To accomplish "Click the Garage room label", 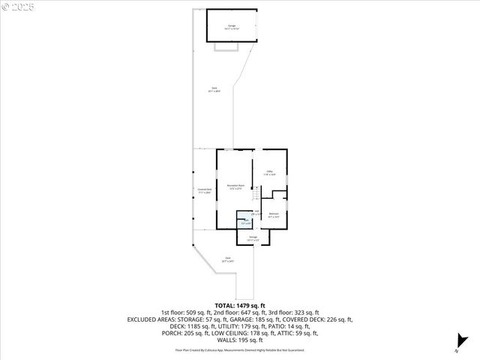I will click(232, 27).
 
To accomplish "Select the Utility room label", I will click(270, 172).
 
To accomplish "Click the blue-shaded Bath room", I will click(245, 222).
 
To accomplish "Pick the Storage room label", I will click(253, 238).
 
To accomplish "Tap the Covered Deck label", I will click(203, 190).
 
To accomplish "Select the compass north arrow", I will click(460, 343).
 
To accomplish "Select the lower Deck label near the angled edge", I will click(227, 259).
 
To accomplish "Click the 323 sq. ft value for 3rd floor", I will click(304, 313).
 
